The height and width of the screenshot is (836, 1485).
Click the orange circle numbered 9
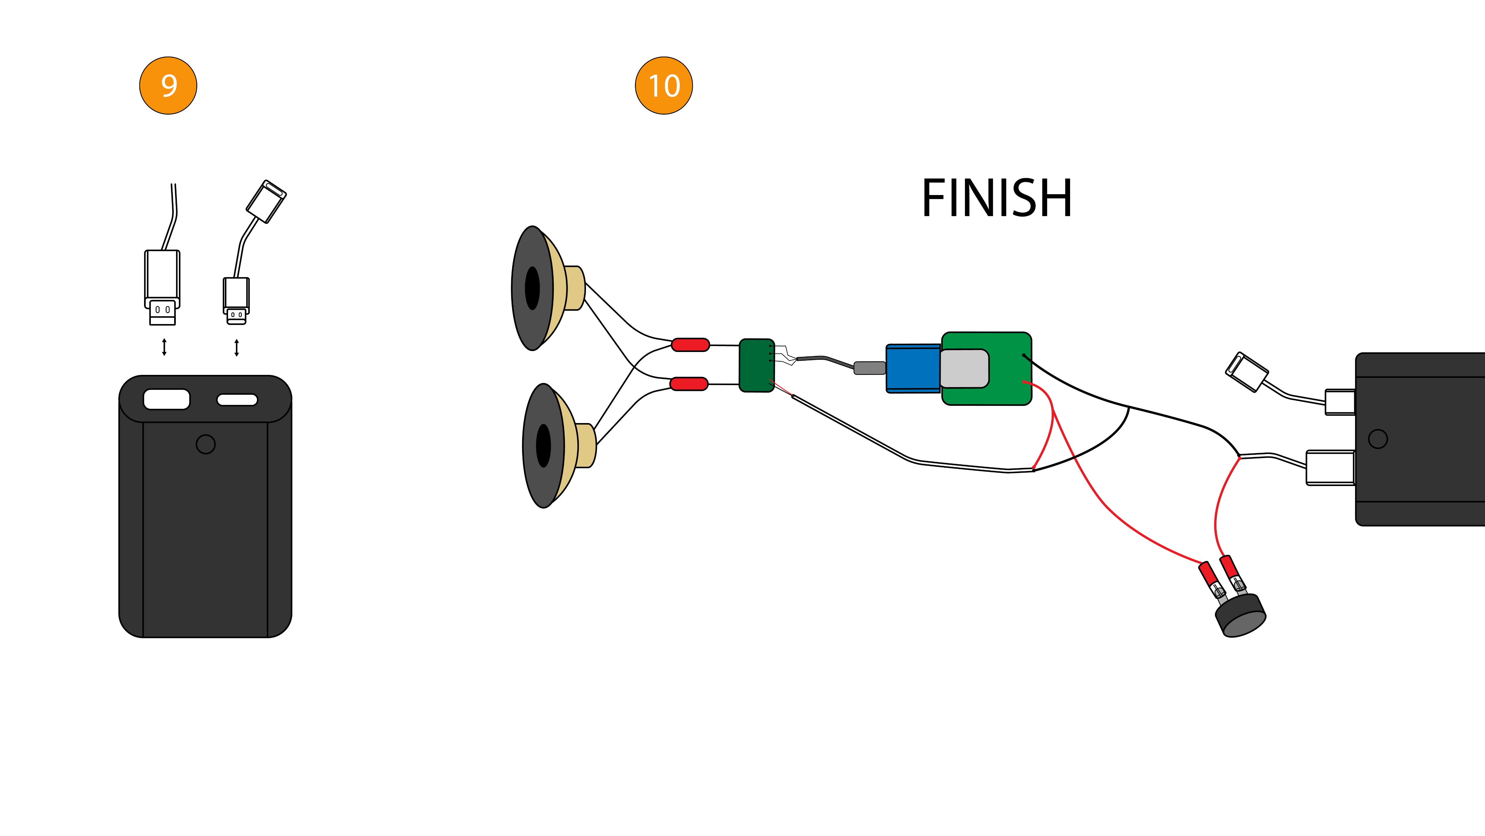(168, 85)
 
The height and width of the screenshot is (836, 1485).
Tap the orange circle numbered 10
(663, 85)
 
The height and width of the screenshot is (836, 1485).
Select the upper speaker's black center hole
(532, 288)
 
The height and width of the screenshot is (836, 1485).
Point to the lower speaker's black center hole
(543, 445)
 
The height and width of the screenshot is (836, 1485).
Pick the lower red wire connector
(688, 384)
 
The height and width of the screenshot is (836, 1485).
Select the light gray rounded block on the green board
(964, 368)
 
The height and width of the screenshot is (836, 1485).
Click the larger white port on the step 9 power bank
(167, 399)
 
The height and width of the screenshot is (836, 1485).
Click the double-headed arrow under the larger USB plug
(164, 347)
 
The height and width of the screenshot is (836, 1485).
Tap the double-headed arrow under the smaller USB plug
(236, 347)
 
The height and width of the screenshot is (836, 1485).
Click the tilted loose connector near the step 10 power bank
(1246, 372)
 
